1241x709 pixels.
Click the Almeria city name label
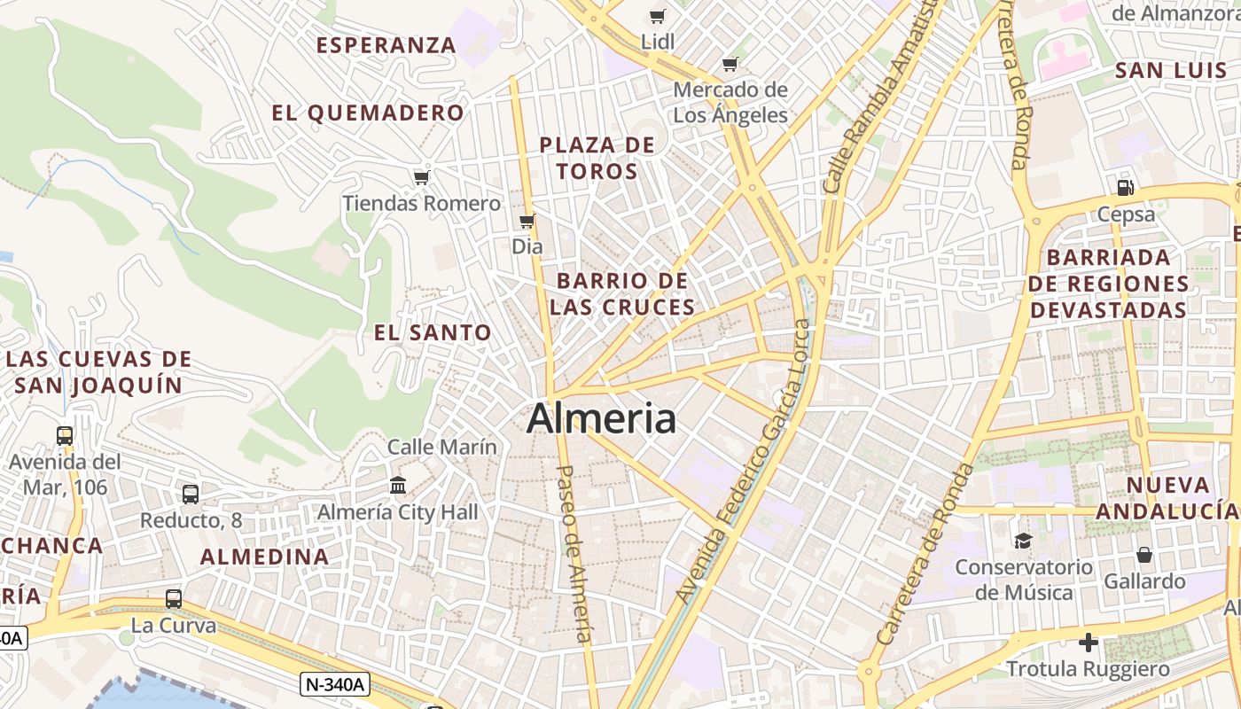(601, 418)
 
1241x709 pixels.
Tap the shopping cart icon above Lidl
(657, 16)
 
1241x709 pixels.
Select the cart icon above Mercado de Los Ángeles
(730, 64)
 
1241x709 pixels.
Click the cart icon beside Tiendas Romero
(421, 178)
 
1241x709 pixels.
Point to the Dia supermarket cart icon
(527, 221)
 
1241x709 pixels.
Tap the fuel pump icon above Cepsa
(1125, 187)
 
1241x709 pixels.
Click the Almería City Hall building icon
(398, 486)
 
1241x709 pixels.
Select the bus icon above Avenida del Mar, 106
(65, 435)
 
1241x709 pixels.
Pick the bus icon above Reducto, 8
(191, 494)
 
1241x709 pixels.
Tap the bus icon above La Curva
(174, 598)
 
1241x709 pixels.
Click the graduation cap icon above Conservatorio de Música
(1023, 541)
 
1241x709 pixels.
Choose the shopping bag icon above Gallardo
(1144, 555)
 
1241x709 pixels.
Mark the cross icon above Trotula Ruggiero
(1089, 642)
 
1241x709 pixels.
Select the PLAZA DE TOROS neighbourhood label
(597, 158)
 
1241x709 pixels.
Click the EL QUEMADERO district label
(368, 113)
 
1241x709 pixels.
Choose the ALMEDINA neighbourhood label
(264, 557)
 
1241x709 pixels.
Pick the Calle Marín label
(442, 447)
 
